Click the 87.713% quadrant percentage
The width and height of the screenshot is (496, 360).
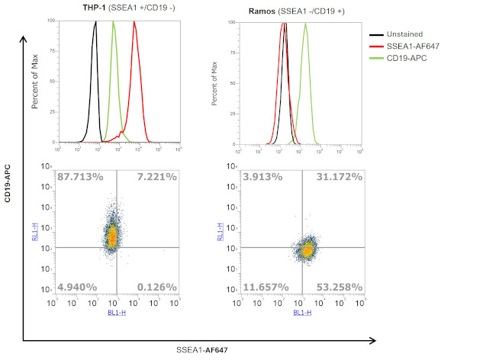point(80,178)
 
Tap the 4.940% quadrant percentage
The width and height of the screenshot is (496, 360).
point(76,287)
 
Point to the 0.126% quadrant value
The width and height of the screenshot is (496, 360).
point(156,287)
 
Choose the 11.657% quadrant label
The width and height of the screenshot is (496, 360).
point(266,287)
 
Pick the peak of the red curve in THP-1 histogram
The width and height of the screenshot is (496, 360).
point(134,22)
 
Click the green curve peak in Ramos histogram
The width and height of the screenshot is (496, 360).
point(305,23)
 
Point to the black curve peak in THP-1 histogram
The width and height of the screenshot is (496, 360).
point(95,22)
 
